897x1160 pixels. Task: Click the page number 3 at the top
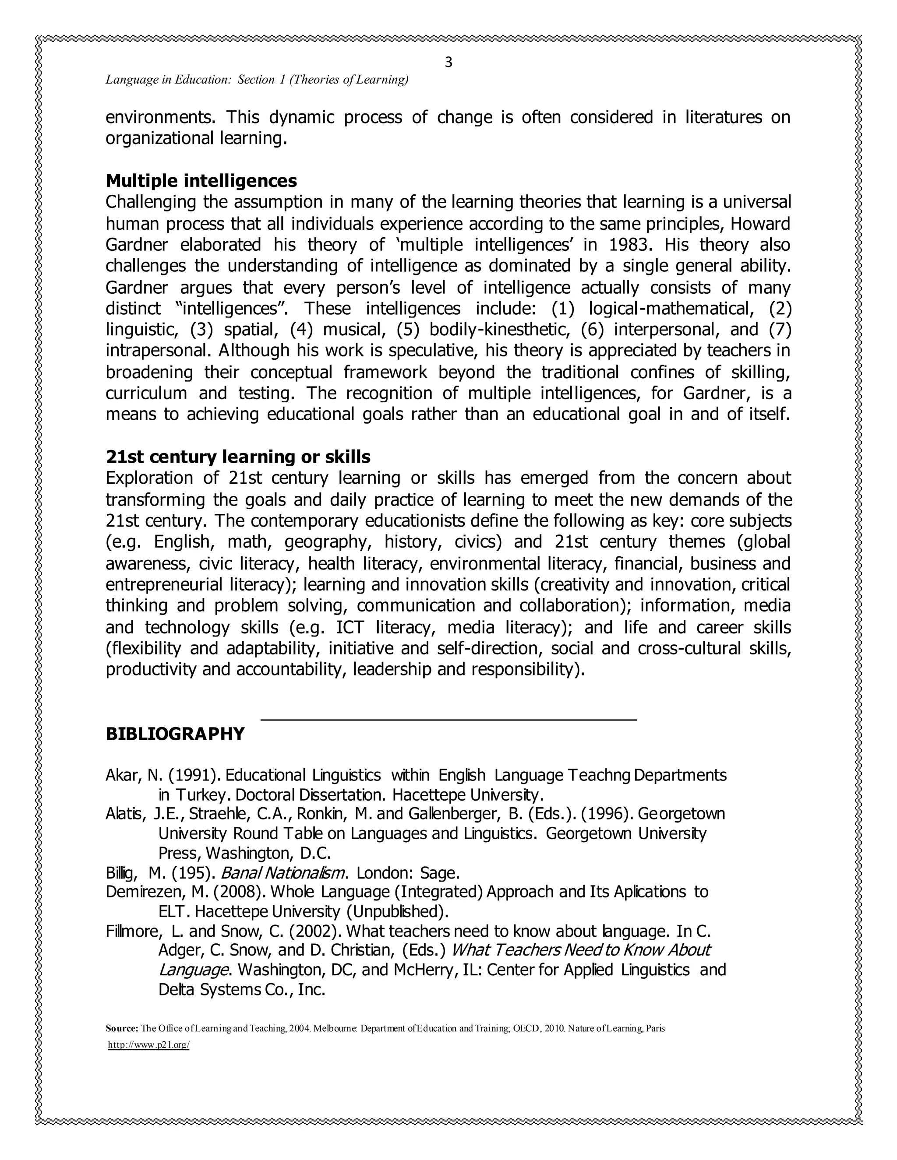tap(448, 63)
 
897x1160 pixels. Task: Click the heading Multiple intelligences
tap(201, 181)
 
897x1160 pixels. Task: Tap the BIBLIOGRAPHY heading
tap(175, 734)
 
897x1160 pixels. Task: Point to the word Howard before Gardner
tap(760, 224)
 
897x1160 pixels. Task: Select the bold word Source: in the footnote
tap(122, 1043)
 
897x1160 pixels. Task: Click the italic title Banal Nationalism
tap(284, 873)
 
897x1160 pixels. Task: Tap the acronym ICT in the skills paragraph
tap(350, 628)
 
